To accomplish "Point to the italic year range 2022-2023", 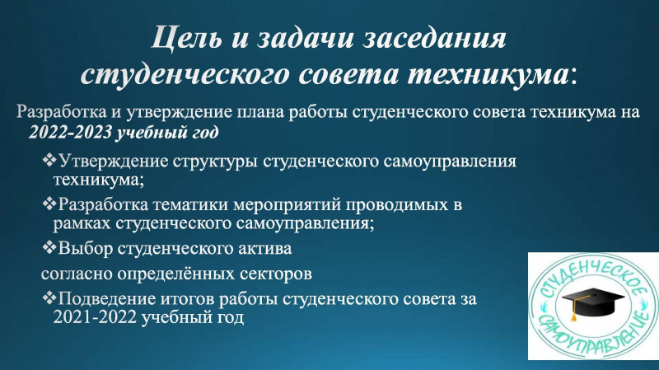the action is (x=70, y=132).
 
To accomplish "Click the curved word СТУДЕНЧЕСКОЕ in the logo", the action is (x=593, y=275).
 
